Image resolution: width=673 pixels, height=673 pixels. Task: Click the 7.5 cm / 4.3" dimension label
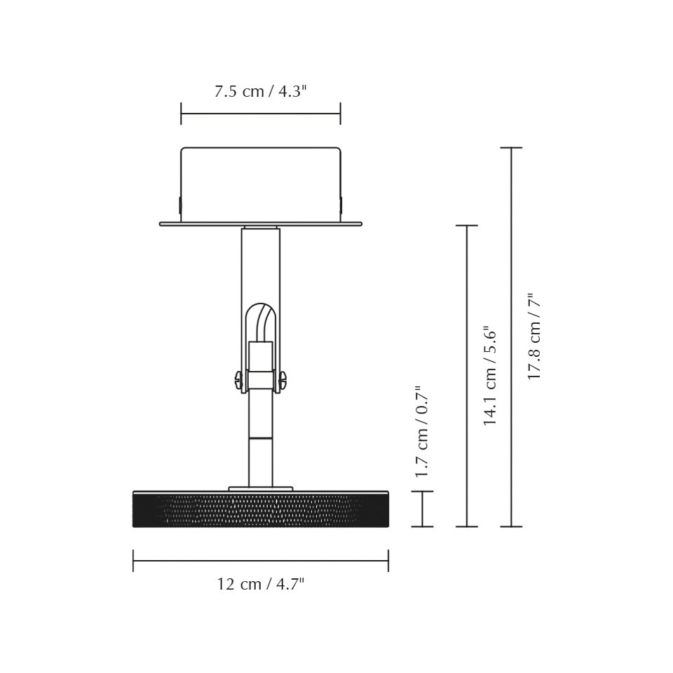click(x=260, y=92)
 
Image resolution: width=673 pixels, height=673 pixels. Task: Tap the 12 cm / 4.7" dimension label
click(x=260, y=584)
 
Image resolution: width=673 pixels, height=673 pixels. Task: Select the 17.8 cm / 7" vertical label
click(x=535, y=337)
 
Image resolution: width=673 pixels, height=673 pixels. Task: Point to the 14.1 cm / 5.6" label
click(x=490, y=376)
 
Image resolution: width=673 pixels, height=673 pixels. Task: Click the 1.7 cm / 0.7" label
click(x=421, y=432)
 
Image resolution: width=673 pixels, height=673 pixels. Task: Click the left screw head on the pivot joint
click(x=238, y=380)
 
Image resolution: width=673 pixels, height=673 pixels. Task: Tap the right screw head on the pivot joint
click(x=283, y=380)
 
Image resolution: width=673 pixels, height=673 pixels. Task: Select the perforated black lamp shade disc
click(x=260, y=510)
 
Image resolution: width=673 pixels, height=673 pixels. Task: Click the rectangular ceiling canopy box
click(x=260, y=184)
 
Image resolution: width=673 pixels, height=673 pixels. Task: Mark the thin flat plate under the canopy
click(x=260, y=224)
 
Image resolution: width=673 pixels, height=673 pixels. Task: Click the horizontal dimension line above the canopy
click(x=260, y=114)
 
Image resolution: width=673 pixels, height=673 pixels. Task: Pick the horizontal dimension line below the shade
click(x=260, y=561)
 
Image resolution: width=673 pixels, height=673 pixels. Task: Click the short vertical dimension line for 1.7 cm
click(x=422, y=509)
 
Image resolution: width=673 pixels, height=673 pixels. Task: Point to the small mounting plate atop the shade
click(x=260, y=489)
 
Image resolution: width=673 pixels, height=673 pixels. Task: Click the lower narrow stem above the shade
click(x=260, y=463)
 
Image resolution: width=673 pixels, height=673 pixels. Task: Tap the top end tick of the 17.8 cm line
click(x=511, y=148)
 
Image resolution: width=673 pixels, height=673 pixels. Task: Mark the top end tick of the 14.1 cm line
click(x=467, y=226)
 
